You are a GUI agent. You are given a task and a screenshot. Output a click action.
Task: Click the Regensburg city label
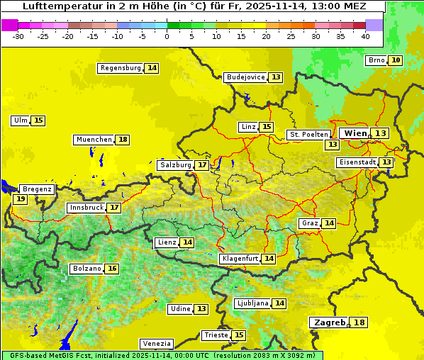120,68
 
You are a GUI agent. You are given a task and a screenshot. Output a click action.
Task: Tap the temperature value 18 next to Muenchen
123,140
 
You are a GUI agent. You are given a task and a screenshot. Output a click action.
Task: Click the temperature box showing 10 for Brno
395,60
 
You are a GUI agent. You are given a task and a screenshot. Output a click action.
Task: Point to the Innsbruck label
86,208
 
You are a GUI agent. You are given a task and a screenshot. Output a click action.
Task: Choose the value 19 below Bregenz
20,199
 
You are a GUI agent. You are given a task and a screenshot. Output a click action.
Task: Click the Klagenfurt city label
239,259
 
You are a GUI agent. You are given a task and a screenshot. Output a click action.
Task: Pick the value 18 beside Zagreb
359,322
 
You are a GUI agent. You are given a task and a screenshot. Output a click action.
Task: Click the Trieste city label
216,335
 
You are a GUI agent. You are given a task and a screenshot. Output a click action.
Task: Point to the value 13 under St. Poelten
332,144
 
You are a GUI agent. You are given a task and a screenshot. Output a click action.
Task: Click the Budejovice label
245,77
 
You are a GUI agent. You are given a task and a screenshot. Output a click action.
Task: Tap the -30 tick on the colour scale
19,35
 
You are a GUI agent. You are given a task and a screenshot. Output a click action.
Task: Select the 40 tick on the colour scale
365,35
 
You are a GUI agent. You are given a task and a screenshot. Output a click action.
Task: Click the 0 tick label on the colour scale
167,35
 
